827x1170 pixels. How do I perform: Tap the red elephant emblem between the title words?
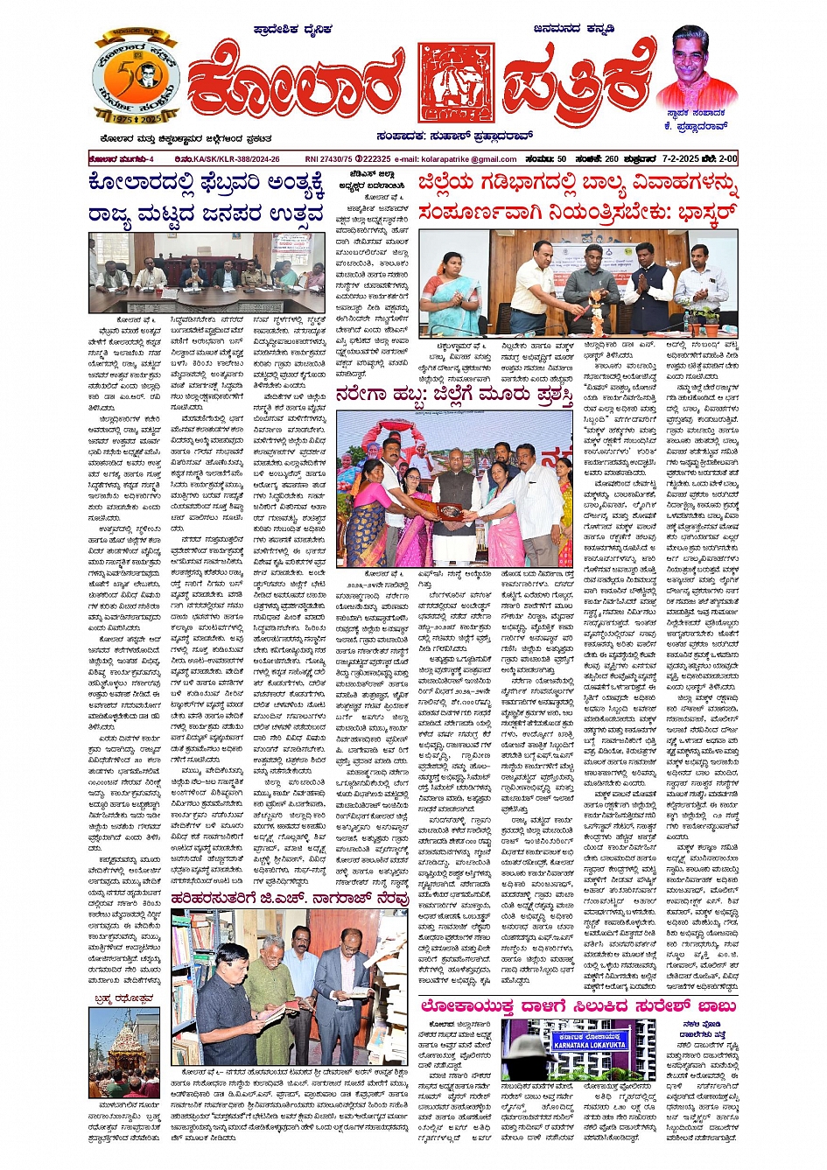tap(455, 85)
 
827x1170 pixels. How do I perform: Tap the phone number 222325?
tap(375, 159)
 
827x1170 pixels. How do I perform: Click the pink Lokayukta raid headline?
tap(578, 1007)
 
